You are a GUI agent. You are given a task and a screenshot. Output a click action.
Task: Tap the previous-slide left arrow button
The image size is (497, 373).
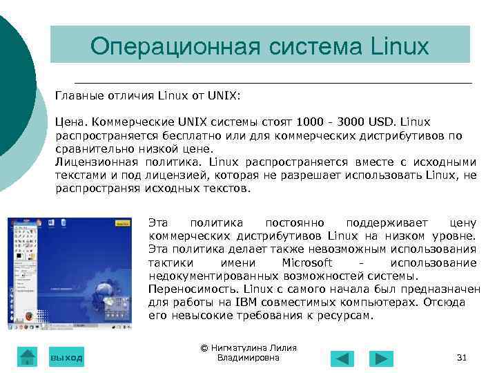click(342, 358)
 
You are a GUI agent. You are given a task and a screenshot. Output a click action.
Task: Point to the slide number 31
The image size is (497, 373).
click(462, 358)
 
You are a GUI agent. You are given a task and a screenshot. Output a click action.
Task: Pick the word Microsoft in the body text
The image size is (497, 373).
click(307, 263)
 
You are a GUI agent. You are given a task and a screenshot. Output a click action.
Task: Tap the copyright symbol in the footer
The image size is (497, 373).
click(204, 348)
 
